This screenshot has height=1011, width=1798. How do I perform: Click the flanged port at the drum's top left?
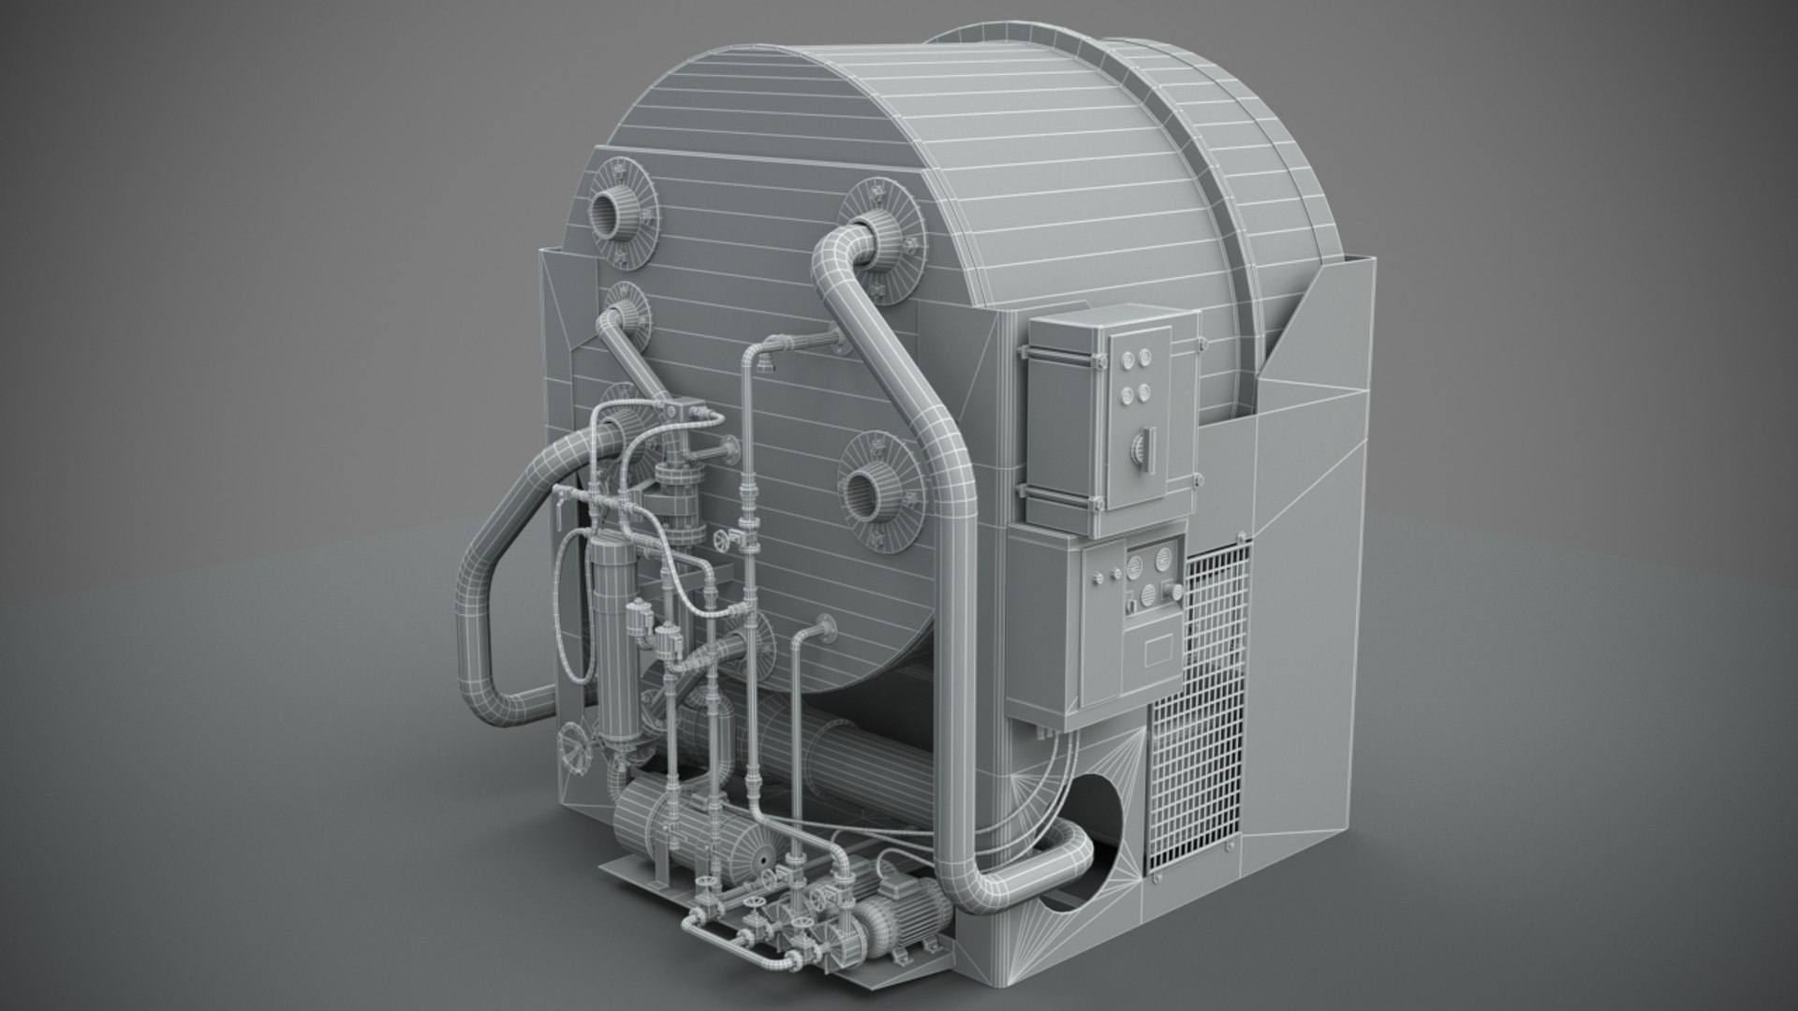click(613, 213)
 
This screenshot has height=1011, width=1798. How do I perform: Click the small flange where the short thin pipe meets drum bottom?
click(826, 627)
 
